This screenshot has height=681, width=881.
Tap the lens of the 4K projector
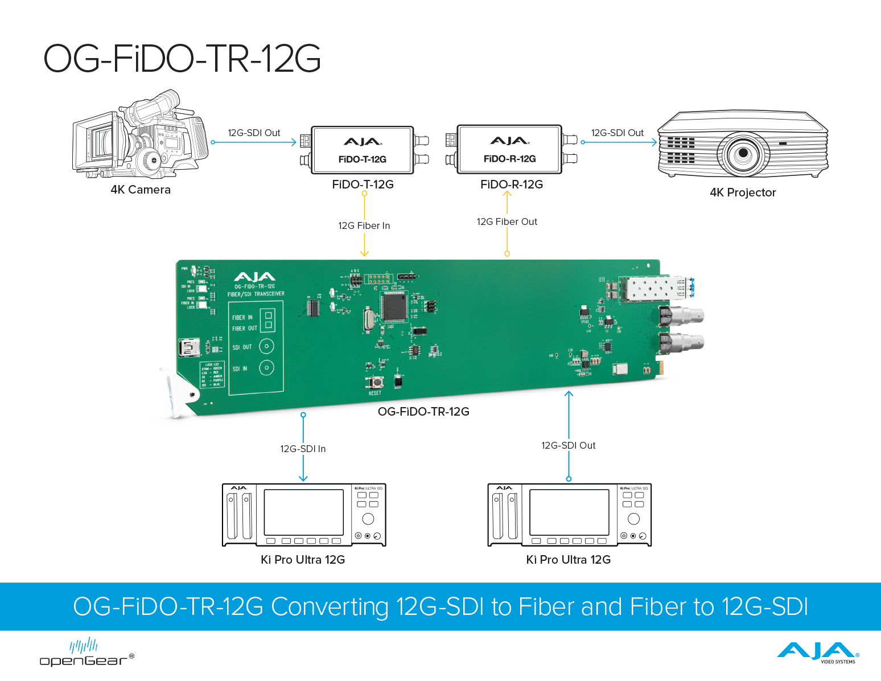(x=743, y=153)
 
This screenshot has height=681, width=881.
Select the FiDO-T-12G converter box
(x=362, y=150)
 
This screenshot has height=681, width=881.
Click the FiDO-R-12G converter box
(x=509, y=149)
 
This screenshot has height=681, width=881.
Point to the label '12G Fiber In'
(x=364, y=225)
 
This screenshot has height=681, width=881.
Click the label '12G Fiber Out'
(x=507, y=221)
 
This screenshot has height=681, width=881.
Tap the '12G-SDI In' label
(x=303, y=449)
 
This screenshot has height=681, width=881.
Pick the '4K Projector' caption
(x=743, y=192)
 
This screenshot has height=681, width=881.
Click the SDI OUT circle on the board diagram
(x=266, y=346)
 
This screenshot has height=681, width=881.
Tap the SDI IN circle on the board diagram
(x=266, y=368)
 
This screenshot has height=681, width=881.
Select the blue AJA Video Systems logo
(x=818, y=652)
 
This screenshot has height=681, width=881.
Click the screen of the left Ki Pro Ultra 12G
(x=303, y=511)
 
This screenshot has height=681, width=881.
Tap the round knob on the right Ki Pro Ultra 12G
(x=633, y=519)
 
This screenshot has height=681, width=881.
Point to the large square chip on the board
(x=394, y=307)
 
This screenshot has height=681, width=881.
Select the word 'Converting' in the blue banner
(x=330, y=607)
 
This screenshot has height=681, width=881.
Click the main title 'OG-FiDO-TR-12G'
(x=182, y=59)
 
